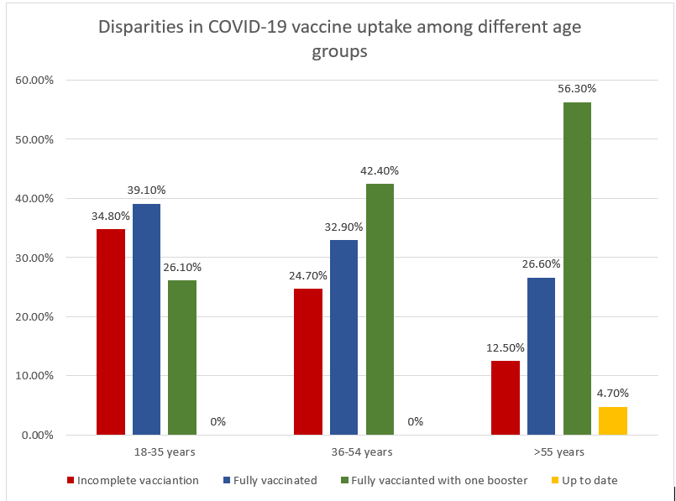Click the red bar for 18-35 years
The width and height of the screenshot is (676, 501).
pos(111,331)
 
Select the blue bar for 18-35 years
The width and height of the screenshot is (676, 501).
pos(146,319)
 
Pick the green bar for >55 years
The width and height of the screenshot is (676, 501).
pos(577,269)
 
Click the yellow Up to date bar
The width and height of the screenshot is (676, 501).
pos(613,420)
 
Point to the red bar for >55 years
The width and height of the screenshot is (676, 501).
pos(506,398)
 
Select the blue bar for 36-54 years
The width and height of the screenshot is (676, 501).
pos(343,337)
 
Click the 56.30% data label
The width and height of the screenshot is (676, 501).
pos(577,88)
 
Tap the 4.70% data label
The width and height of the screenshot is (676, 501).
pos(613,393)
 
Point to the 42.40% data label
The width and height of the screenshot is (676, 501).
pos(380,170)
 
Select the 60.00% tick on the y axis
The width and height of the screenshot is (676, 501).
pos(34,81)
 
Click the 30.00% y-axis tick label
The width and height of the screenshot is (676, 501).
pos(34,258)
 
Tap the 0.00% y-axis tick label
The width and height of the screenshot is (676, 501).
pos(37,435)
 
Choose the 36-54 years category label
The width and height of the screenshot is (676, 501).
pos(362,452)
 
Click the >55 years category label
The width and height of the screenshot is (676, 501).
pos(558,452)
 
